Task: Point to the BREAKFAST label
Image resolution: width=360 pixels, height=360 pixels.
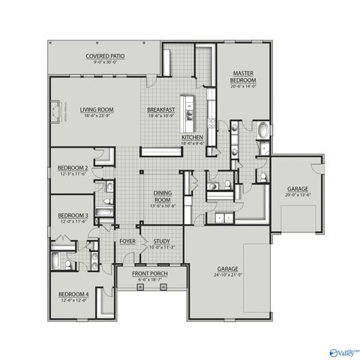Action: point(160,109)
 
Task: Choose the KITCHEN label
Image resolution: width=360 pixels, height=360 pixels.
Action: point(193,138)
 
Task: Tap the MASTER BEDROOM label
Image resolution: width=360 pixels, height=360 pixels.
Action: point(244,76)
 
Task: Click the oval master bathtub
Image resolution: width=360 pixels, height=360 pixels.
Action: point(263,133)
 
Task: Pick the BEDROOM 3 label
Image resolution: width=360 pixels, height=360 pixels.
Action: point(73,215)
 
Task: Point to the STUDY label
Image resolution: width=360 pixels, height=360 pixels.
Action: point(161,241)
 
